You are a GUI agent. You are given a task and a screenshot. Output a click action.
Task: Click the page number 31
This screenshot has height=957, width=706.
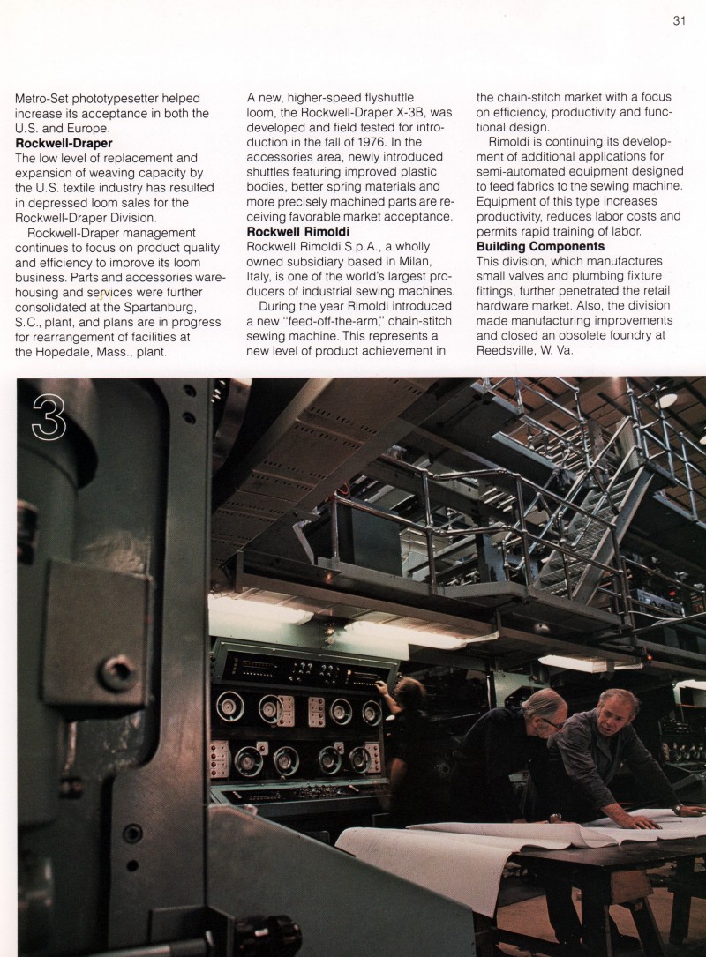679,21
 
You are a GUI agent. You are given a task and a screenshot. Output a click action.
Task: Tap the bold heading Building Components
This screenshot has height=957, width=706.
540,246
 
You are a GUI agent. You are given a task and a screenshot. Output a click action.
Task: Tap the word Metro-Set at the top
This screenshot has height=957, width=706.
44,97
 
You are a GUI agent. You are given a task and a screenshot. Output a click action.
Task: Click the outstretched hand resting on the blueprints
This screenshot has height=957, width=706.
650,822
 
